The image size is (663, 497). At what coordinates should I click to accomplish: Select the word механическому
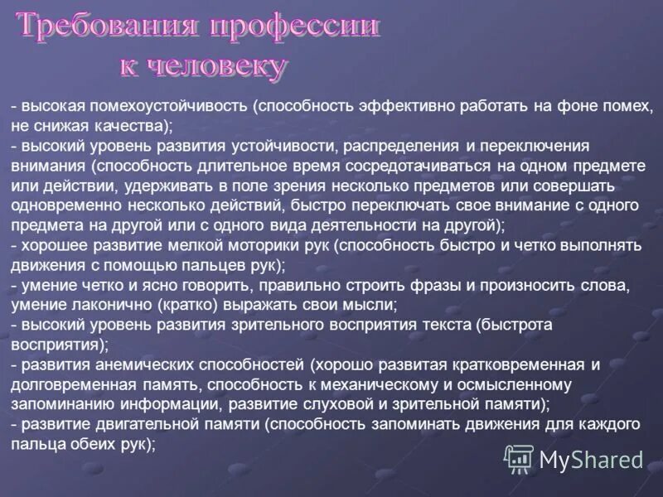pyautogui.click(x=414, y=384)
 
